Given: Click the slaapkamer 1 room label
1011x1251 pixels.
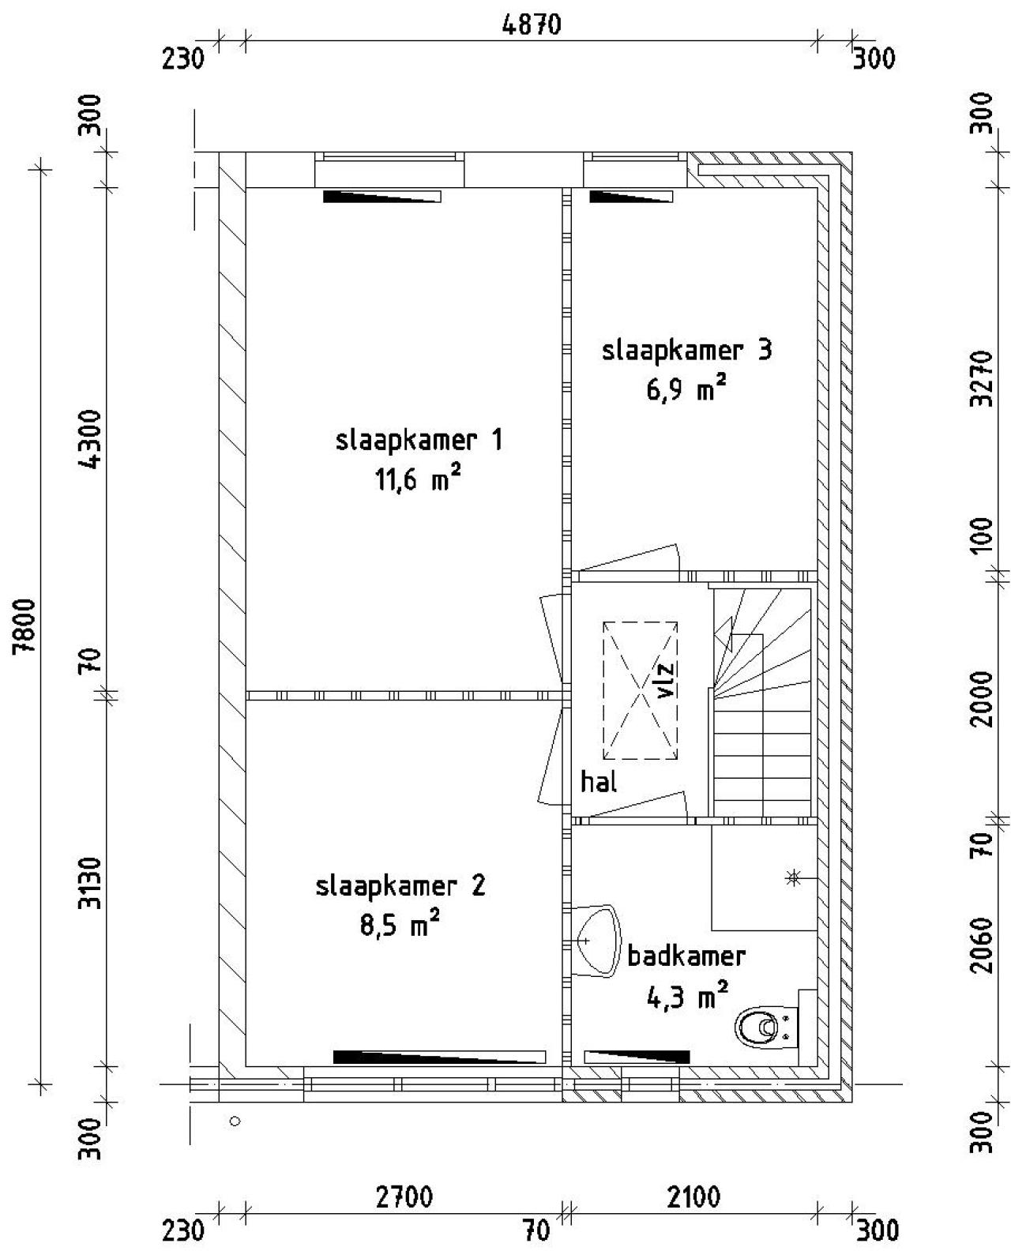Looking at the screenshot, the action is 419,440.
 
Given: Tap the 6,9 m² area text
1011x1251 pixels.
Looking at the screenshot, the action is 686,388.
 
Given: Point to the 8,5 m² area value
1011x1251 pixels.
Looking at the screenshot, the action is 400,924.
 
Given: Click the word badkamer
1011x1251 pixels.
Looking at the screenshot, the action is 686,956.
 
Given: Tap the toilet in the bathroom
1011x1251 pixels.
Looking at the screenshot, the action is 759,1027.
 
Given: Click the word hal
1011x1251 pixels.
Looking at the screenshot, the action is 599,783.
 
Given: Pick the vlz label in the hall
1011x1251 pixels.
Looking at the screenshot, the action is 666,680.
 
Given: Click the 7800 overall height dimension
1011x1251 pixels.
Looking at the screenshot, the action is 26,625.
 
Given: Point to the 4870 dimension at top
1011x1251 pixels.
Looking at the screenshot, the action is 532,25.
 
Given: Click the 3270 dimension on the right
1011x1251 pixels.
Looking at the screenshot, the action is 983,379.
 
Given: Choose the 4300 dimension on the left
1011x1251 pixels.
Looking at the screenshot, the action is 91,440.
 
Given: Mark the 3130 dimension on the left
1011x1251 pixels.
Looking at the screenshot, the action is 91,883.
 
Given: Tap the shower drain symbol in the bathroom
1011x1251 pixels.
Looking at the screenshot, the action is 793,877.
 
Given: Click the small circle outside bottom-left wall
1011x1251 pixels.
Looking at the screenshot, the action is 235,1121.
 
